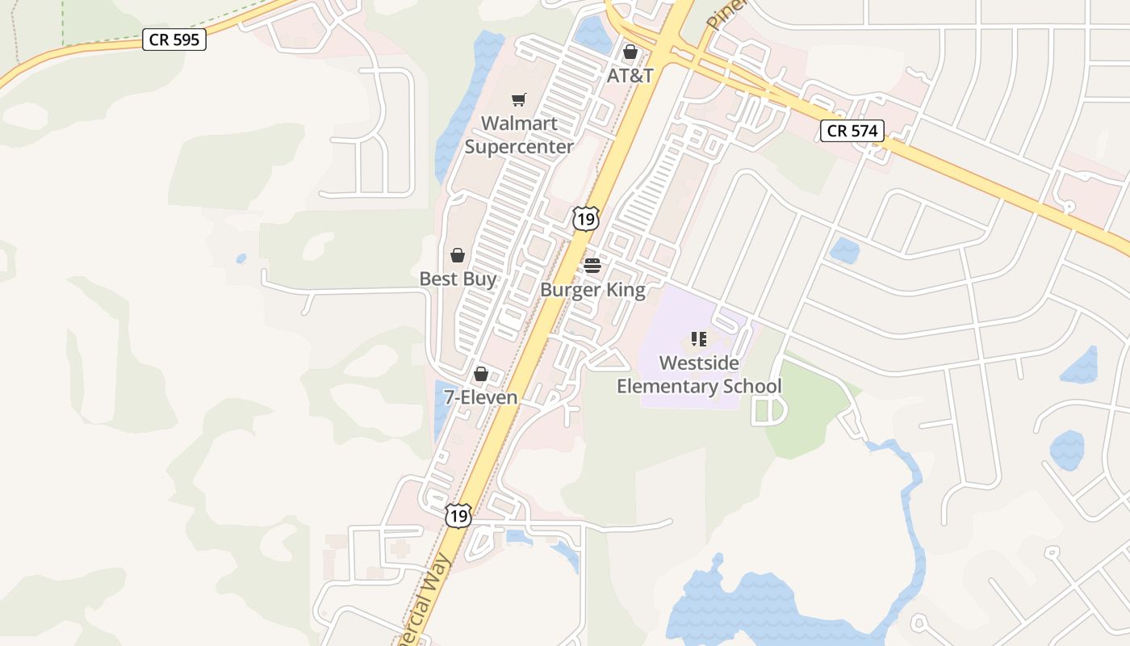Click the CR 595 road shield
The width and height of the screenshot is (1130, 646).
click(x=174, y=39)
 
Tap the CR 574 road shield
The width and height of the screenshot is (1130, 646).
click(x=852, y=130)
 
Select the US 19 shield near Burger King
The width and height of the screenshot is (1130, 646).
click(x=587, y=218)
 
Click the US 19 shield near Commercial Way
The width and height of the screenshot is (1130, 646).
click(x=458, y=515)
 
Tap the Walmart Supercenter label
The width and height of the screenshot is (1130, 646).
click(x=519, y=135)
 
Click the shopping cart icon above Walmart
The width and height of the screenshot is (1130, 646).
click(x=519, y=99)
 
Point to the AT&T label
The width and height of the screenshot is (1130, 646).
click(x=630, y=76)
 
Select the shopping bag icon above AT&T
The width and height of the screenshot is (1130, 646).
click(x=630, y=52)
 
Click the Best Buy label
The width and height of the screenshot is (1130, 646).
click(x=458, y=279)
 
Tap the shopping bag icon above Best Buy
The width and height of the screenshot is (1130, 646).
click(x=458, y=255)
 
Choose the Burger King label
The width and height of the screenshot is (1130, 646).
click(x=593, y=290)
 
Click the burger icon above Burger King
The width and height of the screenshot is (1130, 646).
click(x=592, y=266)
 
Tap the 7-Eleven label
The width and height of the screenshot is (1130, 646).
click(x=481, y=397)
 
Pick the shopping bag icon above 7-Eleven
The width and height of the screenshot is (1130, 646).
click(x=481, y=374)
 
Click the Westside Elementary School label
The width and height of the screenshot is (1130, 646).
click(x=699, y=375)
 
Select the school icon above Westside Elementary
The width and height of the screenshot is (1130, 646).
click(x=699, y=339)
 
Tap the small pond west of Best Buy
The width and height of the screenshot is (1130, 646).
click(x=241, y=259)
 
